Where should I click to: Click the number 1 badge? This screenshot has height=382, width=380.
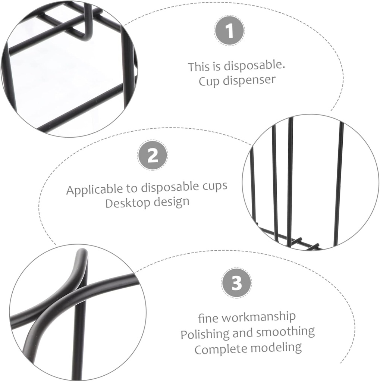pyautogui.click(x=229, y=31)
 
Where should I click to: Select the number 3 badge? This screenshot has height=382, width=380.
pyautogui.click(x=236, y=283)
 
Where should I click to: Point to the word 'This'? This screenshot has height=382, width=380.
pyautogui.click(x=199, y=67)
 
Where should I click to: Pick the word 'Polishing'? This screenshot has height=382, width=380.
pyautogui.click(x=205, y=334)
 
